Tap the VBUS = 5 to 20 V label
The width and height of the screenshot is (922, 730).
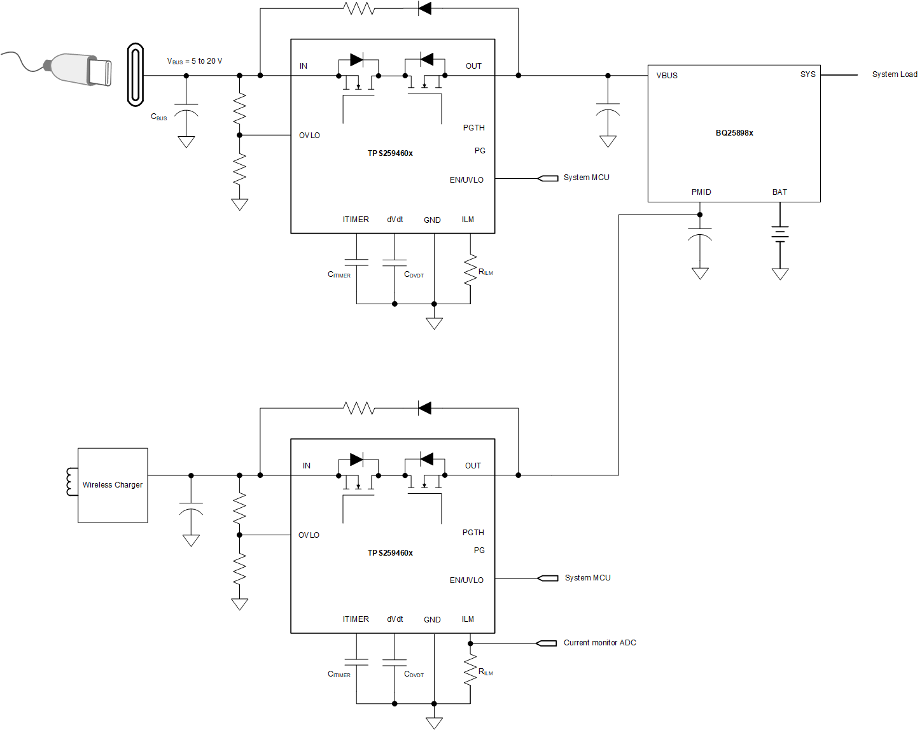coord(195,61)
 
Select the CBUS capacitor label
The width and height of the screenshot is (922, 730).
coord(158,117)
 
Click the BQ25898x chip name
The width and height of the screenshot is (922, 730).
coord(734,133)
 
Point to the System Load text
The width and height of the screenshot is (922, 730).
coord(894,74)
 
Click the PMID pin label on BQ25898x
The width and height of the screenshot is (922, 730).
coord(701,192)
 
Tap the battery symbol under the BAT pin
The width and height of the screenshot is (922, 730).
coord(780,234)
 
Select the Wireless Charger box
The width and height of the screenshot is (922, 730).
coord(113,485)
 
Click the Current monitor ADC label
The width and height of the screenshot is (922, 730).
coord(599,643)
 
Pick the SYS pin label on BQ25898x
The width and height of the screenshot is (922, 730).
coord(807,74)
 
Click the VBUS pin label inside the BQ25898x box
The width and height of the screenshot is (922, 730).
coord(667,75)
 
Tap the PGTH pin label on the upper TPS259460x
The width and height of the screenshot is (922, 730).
coord(473,128)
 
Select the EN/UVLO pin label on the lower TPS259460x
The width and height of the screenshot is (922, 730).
coord(466,580)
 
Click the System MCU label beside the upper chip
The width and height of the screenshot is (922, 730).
coord(586,178)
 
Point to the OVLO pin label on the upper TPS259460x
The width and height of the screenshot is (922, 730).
coord(309,136)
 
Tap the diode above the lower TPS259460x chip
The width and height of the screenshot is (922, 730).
coord(424,408)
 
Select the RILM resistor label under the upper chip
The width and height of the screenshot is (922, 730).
coord(485,272)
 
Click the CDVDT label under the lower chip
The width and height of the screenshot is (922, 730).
coord(414,674)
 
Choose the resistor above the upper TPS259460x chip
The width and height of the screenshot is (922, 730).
coord(358,8)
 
